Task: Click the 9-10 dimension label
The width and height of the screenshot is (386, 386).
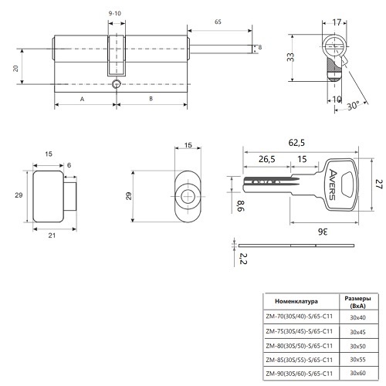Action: pyautogui.click(x=114, y=13)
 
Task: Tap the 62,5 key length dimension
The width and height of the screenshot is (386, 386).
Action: pyautogui.click(x=296, y=143)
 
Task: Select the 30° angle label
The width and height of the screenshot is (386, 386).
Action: pyautogui.click(x=353, y=106)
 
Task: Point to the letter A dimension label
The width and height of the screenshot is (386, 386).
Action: pyautogui.click(x=82, y=99)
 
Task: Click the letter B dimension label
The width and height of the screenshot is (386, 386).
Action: pyautogui.click(x=151, y=99)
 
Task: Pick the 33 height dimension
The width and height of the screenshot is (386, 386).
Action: pyautogui.click(x=290, y=57)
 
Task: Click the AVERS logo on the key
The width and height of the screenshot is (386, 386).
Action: pyautogui.click(x=333, y=185)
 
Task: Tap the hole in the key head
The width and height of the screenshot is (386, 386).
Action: pyautogui.click(x=348, y=185)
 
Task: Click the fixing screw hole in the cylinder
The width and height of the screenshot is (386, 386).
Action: pyautogui.click(x=117, y=84)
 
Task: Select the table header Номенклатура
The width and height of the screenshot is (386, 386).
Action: pyautogui.click(x=296, y=301)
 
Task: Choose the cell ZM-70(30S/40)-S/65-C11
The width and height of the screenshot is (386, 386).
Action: pyautogui.click(x=300, y=317)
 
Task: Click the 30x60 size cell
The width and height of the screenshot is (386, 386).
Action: pyautogui.click(x=357, y=373)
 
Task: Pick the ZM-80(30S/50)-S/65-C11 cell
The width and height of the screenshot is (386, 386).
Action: pyautogui.click(x=300, y=346)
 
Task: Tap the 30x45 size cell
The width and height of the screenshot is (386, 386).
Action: pyautogui.click(x=357, y=332)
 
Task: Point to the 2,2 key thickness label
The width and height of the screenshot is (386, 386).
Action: pyautogui.click(x=243, y=259)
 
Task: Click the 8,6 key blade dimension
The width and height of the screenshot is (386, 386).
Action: pyautogui.click(x=241, y=206)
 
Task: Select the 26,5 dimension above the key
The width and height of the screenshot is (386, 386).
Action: pyautogui.click(x=267, y=159)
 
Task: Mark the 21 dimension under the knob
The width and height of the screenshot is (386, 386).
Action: pyautogui.click(x=52, y=235)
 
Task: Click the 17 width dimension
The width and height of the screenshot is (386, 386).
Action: pyautogui.click(x=337, y=22)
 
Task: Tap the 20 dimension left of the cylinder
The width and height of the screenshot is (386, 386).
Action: pyautogui.click(x=16, y=69)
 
